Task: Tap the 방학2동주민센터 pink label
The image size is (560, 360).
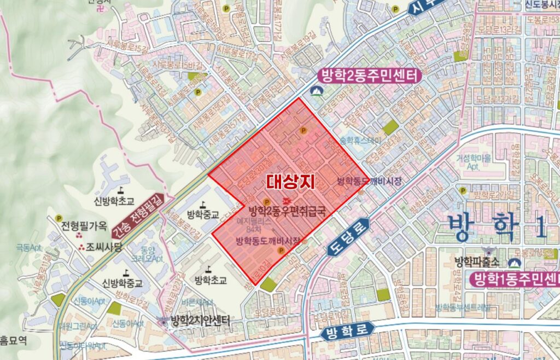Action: (367, 76)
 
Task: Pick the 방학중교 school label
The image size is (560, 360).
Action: (202, 214)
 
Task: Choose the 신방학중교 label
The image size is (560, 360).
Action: (122, 283)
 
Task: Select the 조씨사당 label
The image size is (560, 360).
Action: (103, 247)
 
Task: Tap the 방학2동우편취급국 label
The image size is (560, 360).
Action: (287, 211)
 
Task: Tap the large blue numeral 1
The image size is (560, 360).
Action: (540, 227)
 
